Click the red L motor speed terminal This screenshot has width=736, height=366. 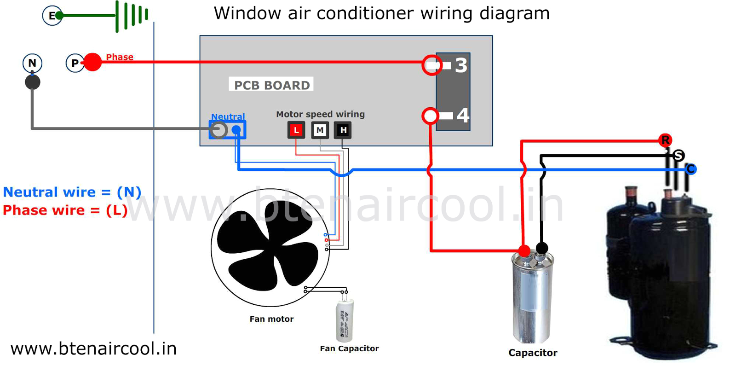tap(296, 130)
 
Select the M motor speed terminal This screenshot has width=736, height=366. tap(320, 130)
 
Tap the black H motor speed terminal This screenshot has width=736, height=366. tap(343, 130)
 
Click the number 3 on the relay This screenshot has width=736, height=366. tap(461, 65)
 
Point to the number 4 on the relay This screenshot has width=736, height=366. tap(463, 115)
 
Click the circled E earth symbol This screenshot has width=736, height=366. tap(52, 16)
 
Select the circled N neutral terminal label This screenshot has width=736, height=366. tap(32, 63)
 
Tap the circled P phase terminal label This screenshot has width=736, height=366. tap(75, 63)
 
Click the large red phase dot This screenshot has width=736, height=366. tap(92, 62)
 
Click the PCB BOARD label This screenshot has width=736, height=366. tap(271, 85)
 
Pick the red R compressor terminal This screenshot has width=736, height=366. tap(665, 140)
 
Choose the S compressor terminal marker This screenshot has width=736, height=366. tap(678, 156)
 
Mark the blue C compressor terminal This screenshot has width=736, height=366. tap(691, 169)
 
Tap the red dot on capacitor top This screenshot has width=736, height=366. tap(524, 251)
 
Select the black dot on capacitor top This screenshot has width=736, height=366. tap(542, 248)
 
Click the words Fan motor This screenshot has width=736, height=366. tap(271, 319)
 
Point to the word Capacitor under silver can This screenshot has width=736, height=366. tap(533, 353)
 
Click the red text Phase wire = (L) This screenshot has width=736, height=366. tap(65, 210)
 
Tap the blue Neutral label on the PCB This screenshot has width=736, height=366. tap(228, 116)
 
